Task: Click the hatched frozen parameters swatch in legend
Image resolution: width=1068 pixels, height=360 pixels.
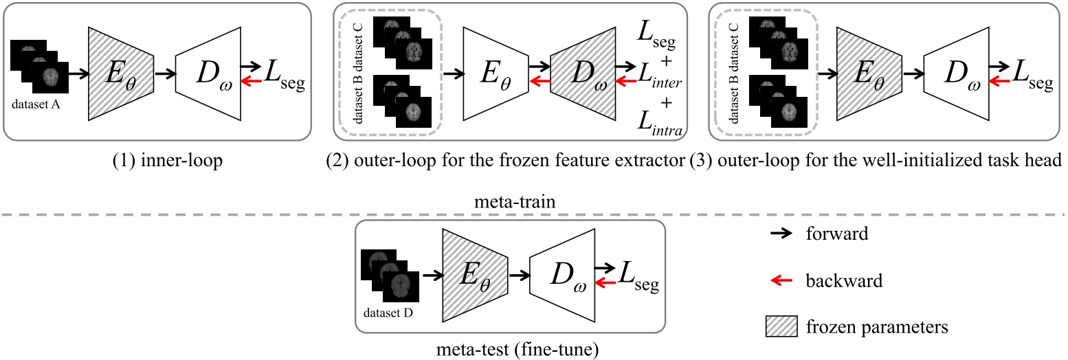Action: coord(782,328)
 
